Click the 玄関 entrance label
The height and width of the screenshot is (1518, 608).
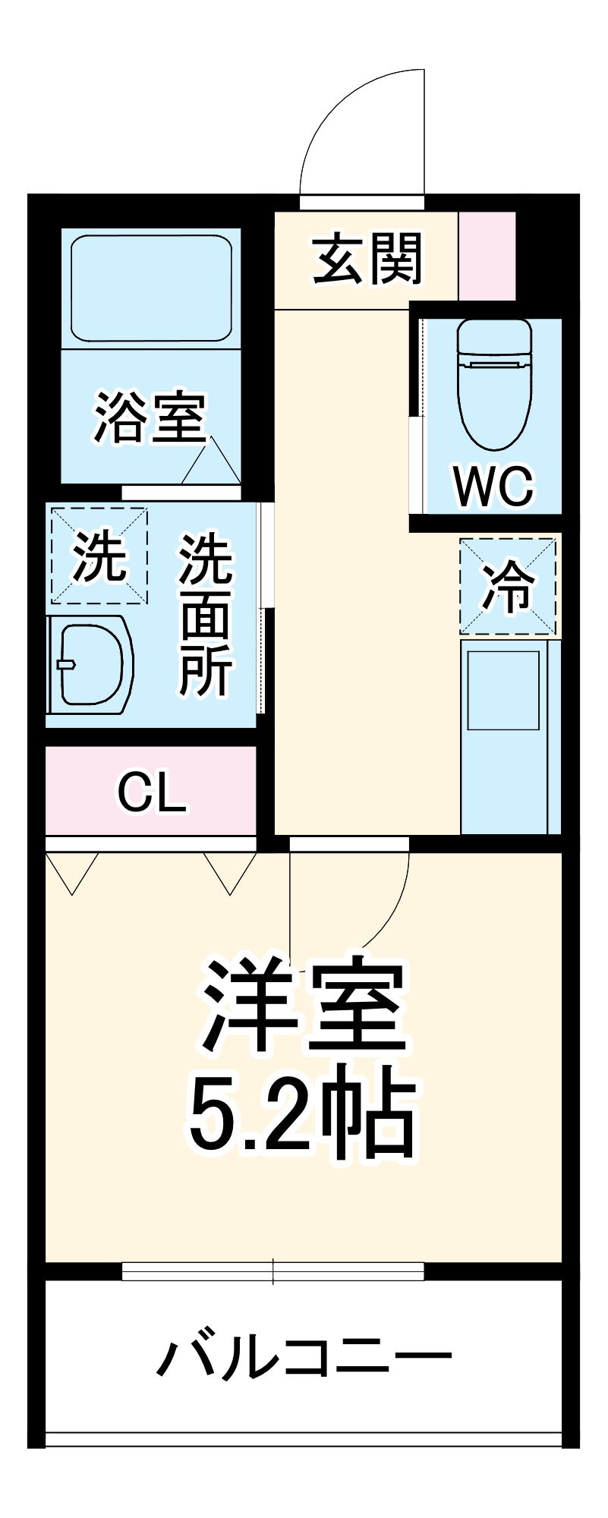pyautogui.click(x=367, y=260)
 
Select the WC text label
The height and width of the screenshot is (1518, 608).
pyautogui.click(x=494, y=486)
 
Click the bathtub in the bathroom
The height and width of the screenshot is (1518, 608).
pyautogui.click(x=151, y=288)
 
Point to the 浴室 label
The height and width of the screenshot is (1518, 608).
pyautogui.click(x=150, y=417)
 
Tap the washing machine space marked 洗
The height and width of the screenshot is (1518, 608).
pyautogui.click(x=99, y=556)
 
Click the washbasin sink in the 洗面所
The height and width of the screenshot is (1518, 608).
pyautogui.click(x=90, y=665)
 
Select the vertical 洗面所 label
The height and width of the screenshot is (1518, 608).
pyautogui.click(x=205, y=615)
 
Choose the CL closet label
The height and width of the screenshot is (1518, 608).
pyautogui.click(x=151, y=792)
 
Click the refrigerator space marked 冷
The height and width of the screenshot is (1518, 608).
pyautogui.click(x=508, y=585)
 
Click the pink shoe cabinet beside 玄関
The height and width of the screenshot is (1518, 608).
pyautogui.click(x=487, y=256)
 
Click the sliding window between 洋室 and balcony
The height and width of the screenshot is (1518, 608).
pyautogui.click(x=273, y=1271)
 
